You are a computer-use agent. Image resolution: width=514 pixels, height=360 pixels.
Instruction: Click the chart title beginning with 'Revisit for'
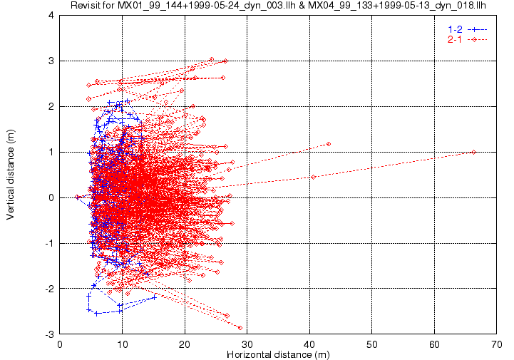[278, 5]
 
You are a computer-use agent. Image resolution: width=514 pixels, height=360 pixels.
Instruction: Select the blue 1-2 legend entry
[468, 29]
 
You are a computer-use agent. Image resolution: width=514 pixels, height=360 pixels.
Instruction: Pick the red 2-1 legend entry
[468, 40]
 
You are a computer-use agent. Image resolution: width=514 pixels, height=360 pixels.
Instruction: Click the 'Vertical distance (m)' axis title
[10, 175]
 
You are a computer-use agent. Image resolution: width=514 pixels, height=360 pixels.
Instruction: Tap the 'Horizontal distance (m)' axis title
[278, 354]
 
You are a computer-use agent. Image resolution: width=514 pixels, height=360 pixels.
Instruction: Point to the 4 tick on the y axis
[51, 15]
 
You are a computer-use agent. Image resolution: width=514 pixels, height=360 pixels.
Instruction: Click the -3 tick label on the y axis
[49, 334]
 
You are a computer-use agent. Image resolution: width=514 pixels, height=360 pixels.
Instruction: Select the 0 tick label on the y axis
[51, 197]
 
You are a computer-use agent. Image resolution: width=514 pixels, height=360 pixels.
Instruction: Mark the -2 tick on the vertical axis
[49, 289]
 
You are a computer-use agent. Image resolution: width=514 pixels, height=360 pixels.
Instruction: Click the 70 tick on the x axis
[497, 344]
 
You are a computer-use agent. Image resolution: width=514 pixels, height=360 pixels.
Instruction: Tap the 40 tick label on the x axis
[309, 344]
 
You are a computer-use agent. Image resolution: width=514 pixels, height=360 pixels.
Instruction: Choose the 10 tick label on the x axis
[123, 344]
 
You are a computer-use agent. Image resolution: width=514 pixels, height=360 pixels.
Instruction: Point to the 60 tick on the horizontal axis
[434, 344]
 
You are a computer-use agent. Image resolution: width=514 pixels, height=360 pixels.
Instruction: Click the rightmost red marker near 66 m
[473, 152]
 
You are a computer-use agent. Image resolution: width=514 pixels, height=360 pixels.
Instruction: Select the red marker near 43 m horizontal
[329, 144]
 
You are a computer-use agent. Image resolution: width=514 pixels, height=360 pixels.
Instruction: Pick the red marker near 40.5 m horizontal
[314, 177]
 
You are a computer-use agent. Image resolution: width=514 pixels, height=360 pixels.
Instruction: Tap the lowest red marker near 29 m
[240, 328]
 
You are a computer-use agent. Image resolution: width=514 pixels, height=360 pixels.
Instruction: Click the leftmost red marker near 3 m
[77, 197]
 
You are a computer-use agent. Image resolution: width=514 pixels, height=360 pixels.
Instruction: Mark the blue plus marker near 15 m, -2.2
[155, 297]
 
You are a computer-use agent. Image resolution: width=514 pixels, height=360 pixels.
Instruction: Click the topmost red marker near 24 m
[212, 59]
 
